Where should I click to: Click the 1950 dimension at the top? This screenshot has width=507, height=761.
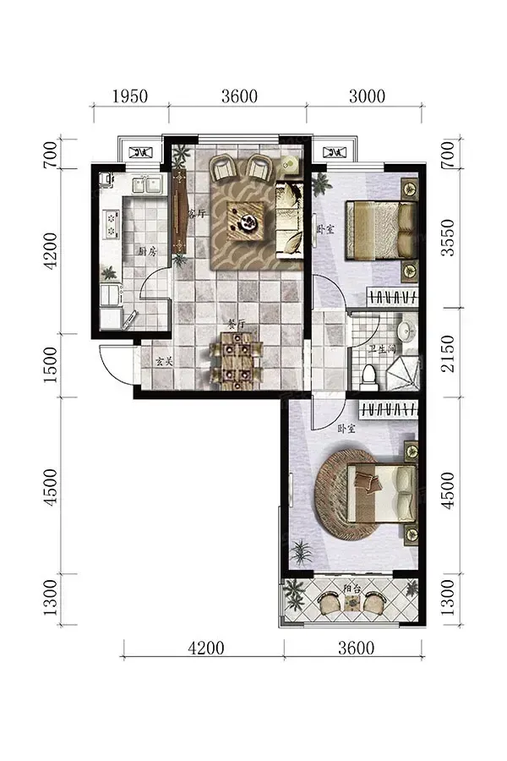(130, 96)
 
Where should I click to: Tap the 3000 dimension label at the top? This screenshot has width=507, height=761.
(368, 96)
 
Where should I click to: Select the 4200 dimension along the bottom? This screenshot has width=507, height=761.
(205, 648)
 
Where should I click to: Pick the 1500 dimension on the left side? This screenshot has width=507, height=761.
(50, 364)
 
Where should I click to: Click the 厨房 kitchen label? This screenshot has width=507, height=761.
(148, 251)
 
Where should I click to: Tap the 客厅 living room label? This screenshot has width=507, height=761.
(197, 213)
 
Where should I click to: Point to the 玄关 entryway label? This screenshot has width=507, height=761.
(164, 362)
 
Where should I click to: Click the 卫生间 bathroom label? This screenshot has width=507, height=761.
(382, 349)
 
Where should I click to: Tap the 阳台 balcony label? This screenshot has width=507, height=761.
(352, 589)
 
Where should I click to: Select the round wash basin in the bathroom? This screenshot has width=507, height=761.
(406, 331)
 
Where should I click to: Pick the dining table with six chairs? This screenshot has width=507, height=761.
(237, 360)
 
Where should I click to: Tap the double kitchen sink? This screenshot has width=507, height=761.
(147, 183)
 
